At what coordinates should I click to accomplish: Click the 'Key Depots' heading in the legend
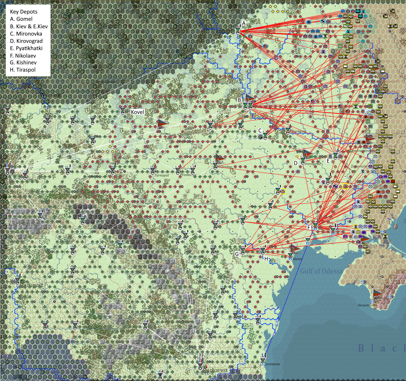tap(24, 12)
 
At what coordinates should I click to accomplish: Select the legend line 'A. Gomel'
tap(21, 19)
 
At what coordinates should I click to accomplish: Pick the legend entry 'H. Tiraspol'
tap(23, 70)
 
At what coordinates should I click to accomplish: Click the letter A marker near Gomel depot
tap(244, 23)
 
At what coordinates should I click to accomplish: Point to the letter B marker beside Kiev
tap(239, 100)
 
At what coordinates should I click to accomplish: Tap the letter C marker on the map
tap(260, 130)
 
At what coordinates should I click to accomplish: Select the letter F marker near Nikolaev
tap(309, 227)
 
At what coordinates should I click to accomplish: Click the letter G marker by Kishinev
tap(237, 254)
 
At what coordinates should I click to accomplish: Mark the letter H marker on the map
tap(266, 259)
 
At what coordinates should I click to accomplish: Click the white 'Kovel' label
tap(137, 112)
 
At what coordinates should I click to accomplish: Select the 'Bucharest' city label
tap(215, 370)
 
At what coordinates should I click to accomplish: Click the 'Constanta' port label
tap(272, 364)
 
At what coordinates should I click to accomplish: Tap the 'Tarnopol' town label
tap(162, 175)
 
